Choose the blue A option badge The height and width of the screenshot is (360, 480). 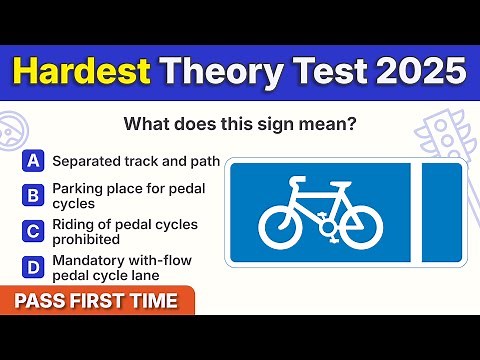pos(34,160)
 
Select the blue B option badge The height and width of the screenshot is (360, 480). pos(34,195)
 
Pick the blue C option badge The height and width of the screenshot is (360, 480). pos(34,232)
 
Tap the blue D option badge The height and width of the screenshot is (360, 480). pos(34,267)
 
